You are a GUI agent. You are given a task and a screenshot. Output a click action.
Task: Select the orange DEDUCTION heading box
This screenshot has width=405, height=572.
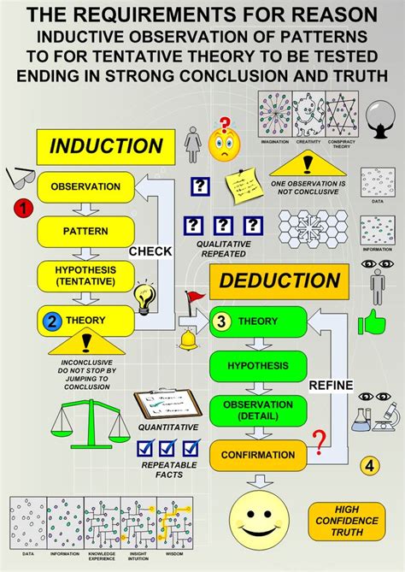click(x=279, y=280)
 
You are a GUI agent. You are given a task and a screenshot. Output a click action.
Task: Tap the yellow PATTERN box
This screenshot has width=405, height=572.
click(x=85, y=231)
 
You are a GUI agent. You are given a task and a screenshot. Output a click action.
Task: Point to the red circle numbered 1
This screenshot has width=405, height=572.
click(x=24, y=208)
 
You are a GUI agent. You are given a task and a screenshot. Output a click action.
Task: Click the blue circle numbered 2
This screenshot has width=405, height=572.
click(x=51, y=321)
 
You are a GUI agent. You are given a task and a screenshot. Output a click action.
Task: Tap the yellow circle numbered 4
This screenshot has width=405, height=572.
click(x=369, y=466)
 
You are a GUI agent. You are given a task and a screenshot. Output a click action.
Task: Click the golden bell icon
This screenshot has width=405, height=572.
click(x=189, y=340)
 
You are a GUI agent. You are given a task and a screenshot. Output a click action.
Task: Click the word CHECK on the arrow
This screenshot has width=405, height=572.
click(x=150, y=251)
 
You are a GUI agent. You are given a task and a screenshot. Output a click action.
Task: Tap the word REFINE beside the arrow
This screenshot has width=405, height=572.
click(x=331, y=385)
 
